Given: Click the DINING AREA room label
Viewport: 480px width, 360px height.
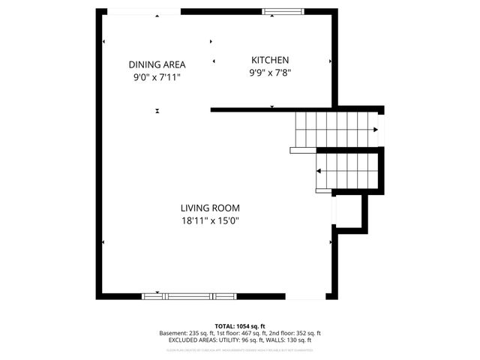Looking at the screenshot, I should tap(157, 64).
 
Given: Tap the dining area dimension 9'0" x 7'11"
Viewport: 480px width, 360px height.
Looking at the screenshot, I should tap(157, 76).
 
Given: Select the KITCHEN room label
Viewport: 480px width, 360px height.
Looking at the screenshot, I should tap(269, 60).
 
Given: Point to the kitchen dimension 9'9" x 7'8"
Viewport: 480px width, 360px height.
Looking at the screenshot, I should tap(269, 73).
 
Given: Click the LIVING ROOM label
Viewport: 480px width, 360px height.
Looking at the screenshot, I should tap(209, 208).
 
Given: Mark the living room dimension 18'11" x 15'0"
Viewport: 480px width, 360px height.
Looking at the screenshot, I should tap(209, 220).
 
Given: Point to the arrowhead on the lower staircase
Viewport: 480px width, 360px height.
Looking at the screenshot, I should tap(319, 171).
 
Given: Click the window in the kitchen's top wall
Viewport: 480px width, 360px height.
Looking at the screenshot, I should tap(283, 10).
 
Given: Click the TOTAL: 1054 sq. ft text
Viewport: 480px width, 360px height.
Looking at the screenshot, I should tap(239, 326).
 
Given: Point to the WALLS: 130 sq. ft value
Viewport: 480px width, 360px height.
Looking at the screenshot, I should tap(289, 340).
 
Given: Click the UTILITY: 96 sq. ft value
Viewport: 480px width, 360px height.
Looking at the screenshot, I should tap(244, 340).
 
